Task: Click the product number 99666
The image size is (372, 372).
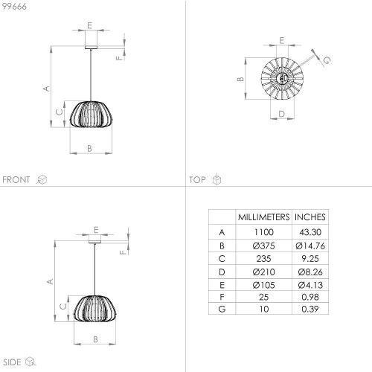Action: pos(14,7)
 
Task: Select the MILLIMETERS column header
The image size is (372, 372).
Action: pos(263,217)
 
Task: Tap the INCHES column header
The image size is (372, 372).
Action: pos(310,217)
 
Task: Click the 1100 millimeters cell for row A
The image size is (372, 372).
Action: pos(264,232)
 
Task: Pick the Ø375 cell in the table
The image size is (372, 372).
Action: pos(263,246)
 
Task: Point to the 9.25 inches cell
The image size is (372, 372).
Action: pos(310,259)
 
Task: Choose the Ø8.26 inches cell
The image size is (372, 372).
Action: pos(310,272)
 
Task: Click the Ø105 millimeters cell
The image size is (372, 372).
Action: pos(263,285)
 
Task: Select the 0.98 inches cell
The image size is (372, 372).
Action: pos(310,297)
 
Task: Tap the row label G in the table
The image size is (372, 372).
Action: pos(222,309)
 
